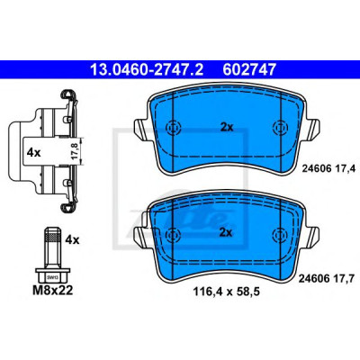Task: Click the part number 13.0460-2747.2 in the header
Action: point(147,69)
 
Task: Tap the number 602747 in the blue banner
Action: point(248,69)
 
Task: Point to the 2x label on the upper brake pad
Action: point(227,128)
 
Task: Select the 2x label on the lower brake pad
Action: point(226,232)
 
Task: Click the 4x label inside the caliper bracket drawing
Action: point(33,153)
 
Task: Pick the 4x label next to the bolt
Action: point(72,240)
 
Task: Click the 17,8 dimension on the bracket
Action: point(76,151)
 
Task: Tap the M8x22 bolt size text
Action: point(53,291)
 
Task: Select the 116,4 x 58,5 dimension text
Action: point(226,291)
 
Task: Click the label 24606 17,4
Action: point(328,169)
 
